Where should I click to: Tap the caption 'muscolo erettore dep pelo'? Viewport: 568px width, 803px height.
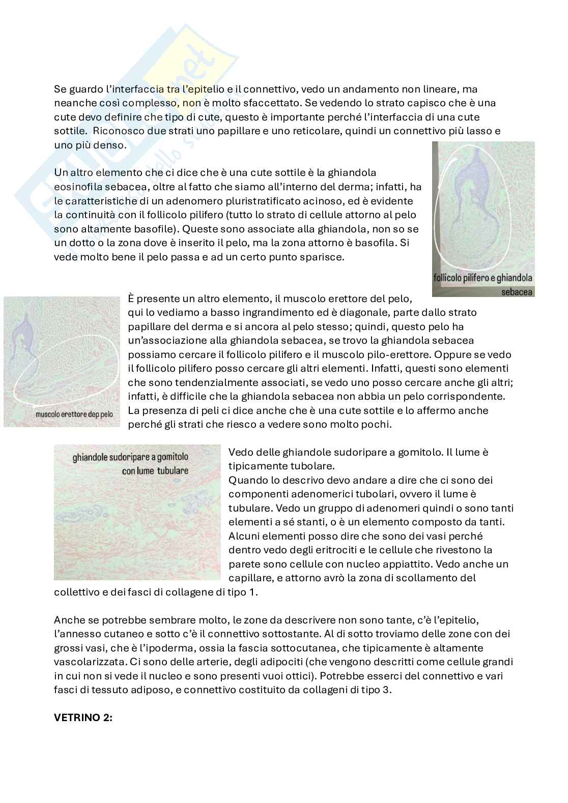(x=74, y=414)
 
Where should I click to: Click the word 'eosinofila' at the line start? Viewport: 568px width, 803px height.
(x=78, y=187)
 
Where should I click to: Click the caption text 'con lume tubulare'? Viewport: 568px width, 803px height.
(x=155, y=470)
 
